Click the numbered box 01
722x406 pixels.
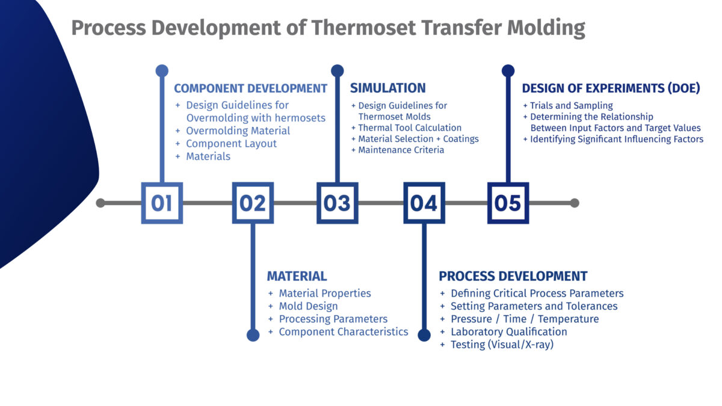161,203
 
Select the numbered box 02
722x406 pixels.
253,203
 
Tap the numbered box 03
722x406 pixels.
337,203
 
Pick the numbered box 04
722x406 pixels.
424,203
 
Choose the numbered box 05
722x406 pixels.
508,203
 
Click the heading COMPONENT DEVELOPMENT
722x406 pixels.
250,88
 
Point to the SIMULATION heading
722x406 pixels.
387,88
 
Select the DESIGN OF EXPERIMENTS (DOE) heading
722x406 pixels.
611,88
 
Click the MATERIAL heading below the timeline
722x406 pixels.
297,276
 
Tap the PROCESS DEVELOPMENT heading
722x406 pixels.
513,276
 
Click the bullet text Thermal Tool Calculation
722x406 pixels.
410,128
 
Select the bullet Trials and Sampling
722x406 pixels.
571,105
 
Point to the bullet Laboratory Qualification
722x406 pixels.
508,331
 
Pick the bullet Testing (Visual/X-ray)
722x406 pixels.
502,345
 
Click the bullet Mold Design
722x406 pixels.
308,306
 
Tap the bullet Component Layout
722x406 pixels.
231,144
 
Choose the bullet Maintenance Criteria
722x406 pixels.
401,150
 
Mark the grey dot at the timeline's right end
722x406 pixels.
575,203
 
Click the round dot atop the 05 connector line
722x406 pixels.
508,71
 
